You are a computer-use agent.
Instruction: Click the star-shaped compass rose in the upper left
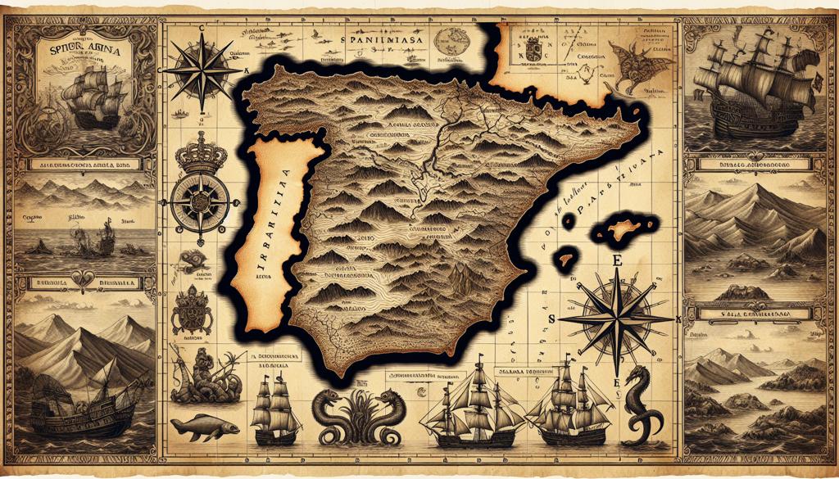coord(198,71)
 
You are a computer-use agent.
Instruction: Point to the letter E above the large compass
coord(617,260)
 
